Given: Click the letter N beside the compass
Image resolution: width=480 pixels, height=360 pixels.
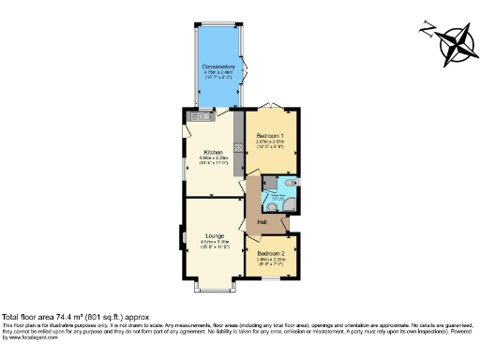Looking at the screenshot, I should click(428, 27).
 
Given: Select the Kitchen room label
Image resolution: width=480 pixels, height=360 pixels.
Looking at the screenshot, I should click(213, 151).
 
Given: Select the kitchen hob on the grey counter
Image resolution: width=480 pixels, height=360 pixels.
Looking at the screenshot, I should click(239, 146).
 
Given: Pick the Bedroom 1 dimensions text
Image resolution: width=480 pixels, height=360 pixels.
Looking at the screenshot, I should click(270, 145).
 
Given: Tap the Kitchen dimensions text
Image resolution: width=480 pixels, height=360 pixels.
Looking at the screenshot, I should click(213, 160).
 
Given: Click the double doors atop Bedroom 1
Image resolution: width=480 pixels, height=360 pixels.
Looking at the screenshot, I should click(272, 105).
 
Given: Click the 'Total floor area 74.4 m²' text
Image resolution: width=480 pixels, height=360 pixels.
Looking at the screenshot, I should click(58, 317).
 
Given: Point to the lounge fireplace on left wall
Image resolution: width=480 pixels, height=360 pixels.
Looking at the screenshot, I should click(183, 238).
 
